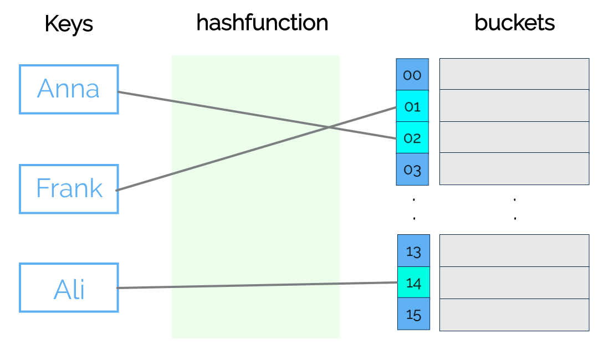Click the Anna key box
coord(69,89)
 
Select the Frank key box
coord(69,189)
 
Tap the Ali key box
coord(69,288)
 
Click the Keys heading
coord(69,24)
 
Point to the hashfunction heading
coord(262,23)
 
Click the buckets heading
coord(514,23)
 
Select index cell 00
coord(412,75)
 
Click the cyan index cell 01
coord(412,106)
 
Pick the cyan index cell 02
coord(412,138)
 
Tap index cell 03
coord(412,169)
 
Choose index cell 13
coord(413,251)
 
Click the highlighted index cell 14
coord(413,283)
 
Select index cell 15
coord(413,315)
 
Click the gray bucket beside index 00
coord(514,74)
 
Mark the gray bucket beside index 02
coord(514,137)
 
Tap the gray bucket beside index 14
coord(514,282)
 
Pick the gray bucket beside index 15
coord(514,315)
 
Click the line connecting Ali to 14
coord(255,285)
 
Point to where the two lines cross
coord(329,127)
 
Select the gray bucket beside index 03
coord(514,168)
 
